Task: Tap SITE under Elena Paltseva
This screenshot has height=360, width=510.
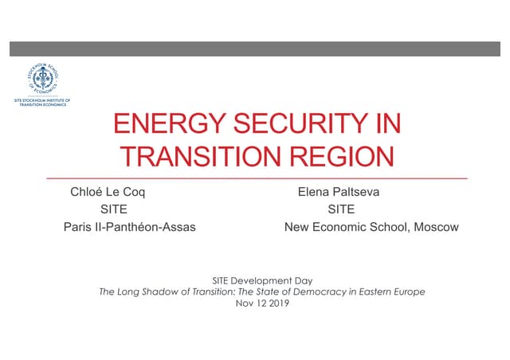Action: coord(341,209)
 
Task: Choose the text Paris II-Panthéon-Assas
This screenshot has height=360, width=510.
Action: coord(129,227)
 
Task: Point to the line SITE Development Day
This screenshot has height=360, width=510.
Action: coord(261,280)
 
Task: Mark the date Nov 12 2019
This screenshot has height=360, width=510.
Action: coord(261,303)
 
